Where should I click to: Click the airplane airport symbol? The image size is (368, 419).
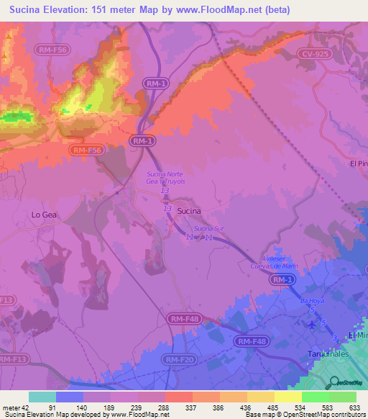(x=310, y=324)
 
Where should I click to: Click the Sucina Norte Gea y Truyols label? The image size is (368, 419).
(x=166, y=179)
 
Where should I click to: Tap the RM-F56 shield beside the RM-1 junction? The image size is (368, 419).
(x=87, y=150)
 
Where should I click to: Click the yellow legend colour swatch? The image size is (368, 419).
(x=287, y=397)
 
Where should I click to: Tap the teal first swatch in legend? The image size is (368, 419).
(x=42, y=397)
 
